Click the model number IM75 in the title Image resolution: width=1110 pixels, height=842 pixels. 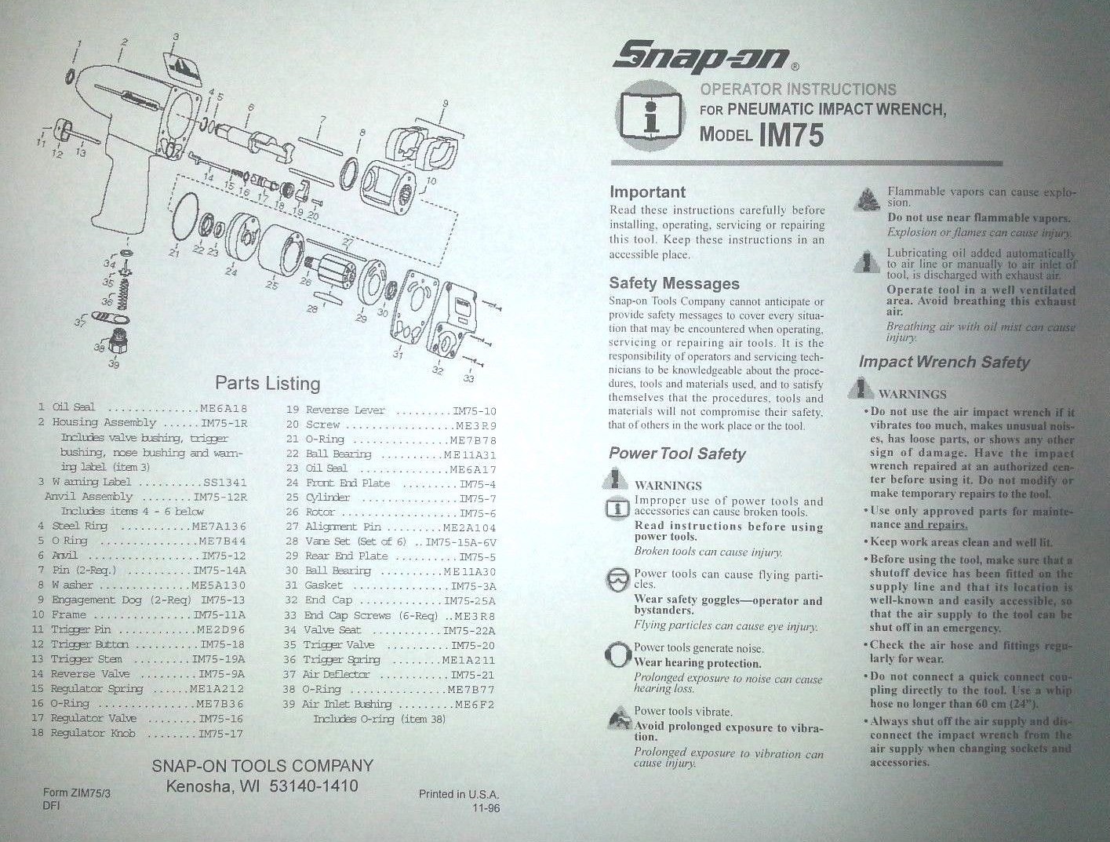click(x=792, y=135)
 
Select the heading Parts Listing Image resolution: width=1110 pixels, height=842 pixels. click(x=267, y=383)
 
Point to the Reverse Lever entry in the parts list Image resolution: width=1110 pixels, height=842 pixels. click(x=345, y=410)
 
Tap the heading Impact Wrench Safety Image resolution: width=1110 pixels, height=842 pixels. click(x=943, y=362)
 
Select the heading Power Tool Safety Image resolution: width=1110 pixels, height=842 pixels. click(x=677, y=454)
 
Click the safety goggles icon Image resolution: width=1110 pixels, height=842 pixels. click(x=618, y=581)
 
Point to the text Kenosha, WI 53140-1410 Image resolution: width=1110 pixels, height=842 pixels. click(x=262, y=786)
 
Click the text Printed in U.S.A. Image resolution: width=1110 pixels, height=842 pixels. click(x=458, y=794)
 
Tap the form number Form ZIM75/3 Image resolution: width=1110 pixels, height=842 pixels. click(x=77, y=793)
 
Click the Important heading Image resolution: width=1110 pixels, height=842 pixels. click(x=647, y=192)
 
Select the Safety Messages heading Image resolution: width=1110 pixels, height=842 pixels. click(x=674, y=283)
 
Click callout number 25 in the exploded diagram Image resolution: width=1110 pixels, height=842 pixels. click(x=271, y=285)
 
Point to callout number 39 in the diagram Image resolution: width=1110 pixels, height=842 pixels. click(x=114, y=363)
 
